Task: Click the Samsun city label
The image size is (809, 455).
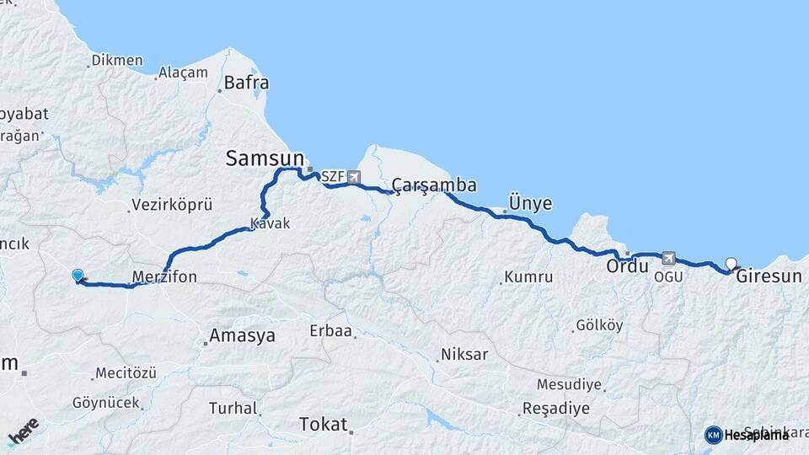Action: click(x=265, y=158)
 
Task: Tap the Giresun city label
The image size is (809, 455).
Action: click(x=769, y=275)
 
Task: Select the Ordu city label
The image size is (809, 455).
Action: click(x=628, y=266)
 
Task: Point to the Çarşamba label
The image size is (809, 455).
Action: click(x=434, y=185)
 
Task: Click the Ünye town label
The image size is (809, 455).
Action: click(x=531, y=204)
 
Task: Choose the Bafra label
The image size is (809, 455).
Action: click(x=244, y=83)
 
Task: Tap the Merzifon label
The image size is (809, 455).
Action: click(x=164, y=276)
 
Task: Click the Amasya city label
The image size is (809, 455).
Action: click(x=242, y=335)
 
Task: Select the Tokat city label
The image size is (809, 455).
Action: click(x=324, y=425)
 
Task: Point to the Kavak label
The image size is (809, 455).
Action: click(x=270, y=224)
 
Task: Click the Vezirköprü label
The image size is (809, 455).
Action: click(x=172, y=206)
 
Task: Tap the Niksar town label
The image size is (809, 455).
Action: click(x=465, y=356)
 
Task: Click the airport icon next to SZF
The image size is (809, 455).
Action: click(x=352, y=177)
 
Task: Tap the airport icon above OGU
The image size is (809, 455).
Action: click(x=669, y=258)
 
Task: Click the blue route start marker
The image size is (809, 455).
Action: click(x=78, y=276)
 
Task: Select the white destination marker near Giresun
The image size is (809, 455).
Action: click(x=731, y=264)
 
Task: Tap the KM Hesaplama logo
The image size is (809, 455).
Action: click(x=747, y=435)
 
